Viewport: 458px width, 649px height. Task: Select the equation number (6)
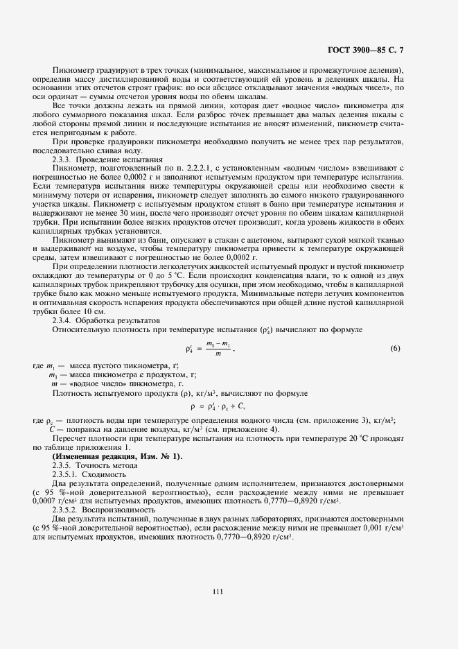coord(395,348)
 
